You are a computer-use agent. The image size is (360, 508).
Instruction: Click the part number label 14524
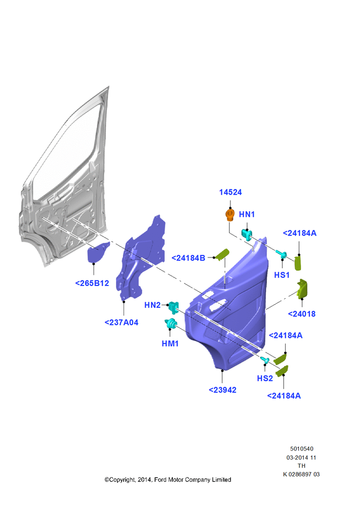point(230,192)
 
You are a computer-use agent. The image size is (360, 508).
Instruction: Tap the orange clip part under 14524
point(230,215)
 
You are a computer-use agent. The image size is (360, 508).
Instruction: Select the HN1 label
point(247,214)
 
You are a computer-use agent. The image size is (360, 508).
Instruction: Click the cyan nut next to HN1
point(247,234)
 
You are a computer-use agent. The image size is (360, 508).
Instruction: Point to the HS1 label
point(282,275)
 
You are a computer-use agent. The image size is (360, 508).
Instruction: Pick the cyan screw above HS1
point(281,255)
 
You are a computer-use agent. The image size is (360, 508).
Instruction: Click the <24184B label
point(188,258)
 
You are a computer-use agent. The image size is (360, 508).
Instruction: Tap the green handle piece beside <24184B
point(223,255)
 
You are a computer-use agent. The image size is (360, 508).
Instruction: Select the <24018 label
point(302,313)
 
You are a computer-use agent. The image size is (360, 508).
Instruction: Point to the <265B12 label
point(92,283)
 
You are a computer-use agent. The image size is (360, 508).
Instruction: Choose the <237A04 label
point(122,323)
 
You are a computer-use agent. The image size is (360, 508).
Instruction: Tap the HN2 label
point(153,305)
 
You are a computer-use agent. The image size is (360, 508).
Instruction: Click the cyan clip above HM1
point(171,324)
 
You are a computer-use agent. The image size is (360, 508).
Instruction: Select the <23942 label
point(223,390)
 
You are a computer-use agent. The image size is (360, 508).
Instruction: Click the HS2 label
point(264,378)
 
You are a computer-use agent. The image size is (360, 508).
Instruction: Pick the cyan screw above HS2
point(264,360)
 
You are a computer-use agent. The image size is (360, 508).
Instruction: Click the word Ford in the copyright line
point(160,480)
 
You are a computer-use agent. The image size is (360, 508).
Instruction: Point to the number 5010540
point(302,449)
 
